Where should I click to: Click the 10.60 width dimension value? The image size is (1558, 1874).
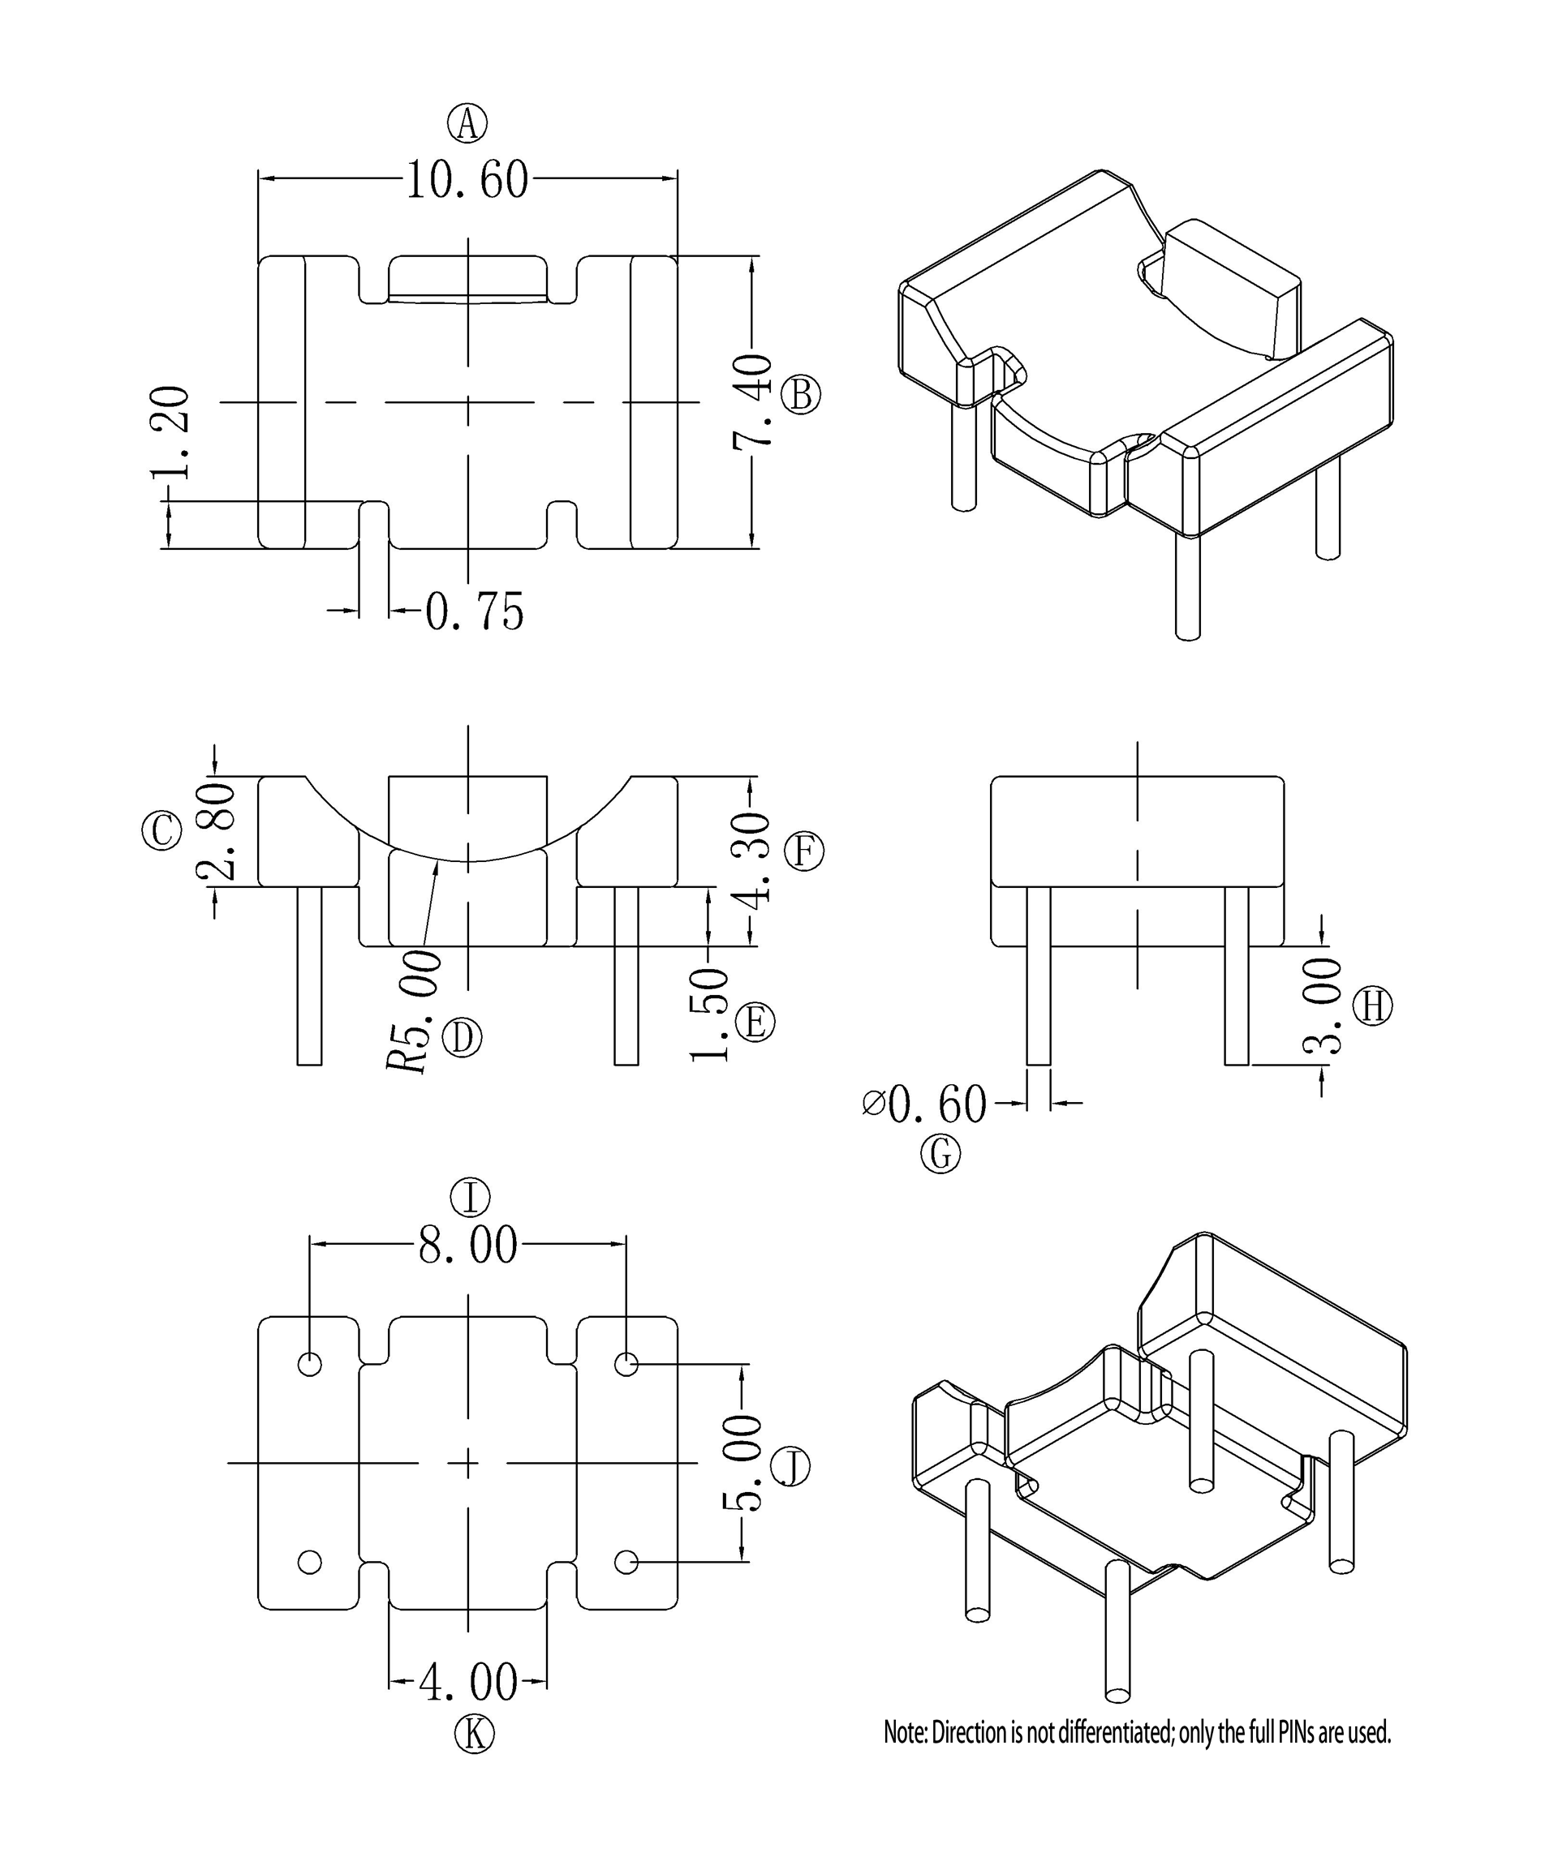click(467, 179)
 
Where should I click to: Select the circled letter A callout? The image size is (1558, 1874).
click(467, 123)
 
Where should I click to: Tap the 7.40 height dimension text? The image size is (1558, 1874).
click(751, 401)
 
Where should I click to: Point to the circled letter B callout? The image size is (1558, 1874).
click(801, 394)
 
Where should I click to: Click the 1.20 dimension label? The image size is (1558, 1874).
click(170, 434)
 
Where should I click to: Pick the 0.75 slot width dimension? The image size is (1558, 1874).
click(474, 612)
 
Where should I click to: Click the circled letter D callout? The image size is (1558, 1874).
click(462, 1038)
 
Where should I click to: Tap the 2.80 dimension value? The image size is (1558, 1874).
click(217, 833)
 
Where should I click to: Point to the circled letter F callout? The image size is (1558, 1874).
click(803, 851)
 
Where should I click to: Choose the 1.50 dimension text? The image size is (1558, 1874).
click(710, 1014)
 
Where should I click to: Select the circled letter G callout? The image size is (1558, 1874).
click(940, 1155)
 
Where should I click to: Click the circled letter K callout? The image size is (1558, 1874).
click(473, 1734)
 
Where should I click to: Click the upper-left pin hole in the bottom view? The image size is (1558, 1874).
click(310, 1365)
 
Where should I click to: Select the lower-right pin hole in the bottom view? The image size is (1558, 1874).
click(626, 1562)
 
